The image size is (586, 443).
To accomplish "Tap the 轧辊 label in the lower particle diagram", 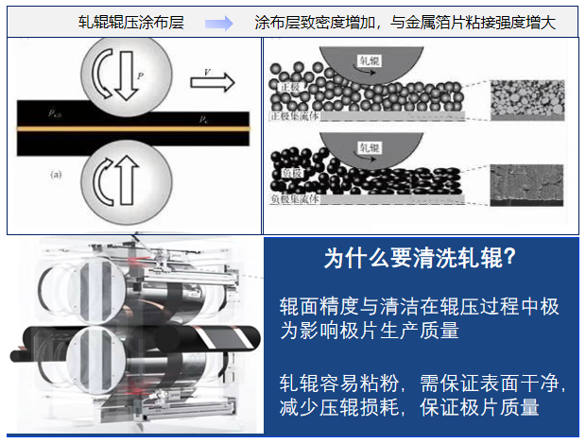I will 364,146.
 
